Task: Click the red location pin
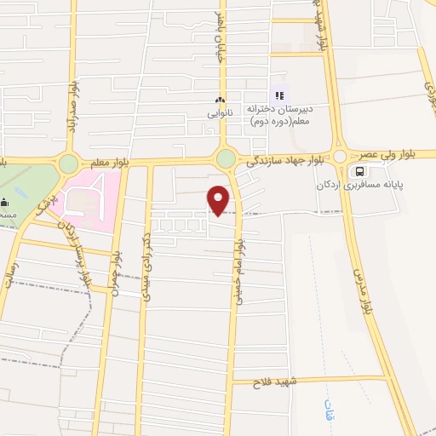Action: [x=219, y=199]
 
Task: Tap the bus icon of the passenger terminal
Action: [x=361, y=170]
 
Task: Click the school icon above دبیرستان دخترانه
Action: [x=277, y=95]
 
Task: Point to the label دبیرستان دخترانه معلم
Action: [x=282, y=115]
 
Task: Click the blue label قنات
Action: [x=328, y=410]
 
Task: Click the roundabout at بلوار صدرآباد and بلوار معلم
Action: [x=68, y=163]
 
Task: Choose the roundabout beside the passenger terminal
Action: [x=340, y=157]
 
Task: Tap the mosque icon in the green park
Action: [x=4, y=203]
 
